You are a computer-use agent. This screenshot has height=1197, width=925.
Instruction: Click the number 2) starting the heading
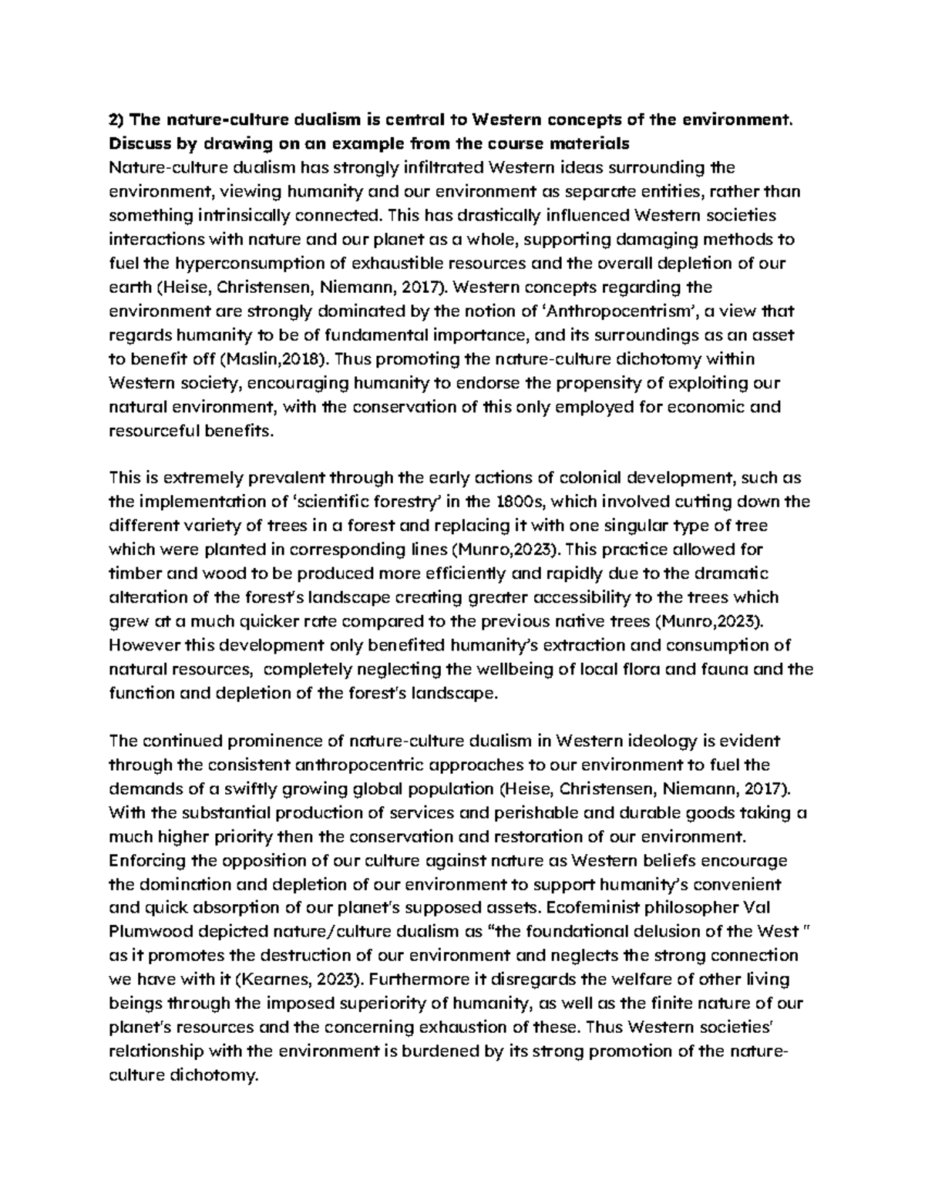(x=117, y=120)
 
